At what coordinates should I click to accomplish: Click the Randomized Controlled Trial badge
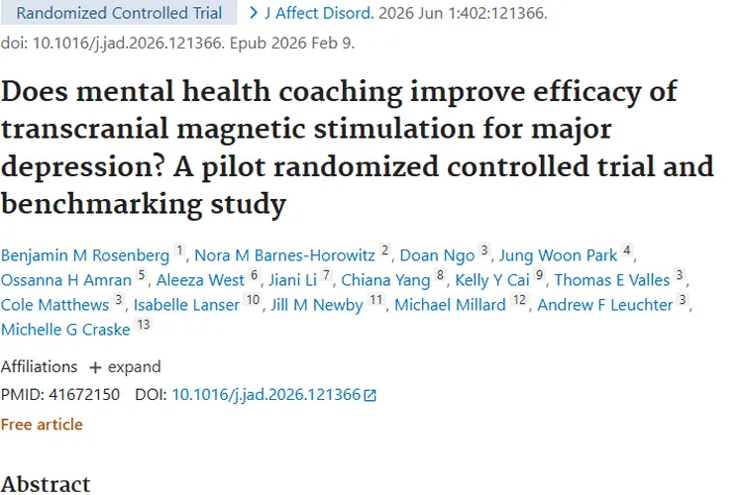119,14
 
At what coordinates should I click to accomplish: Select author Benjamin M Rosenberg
85,255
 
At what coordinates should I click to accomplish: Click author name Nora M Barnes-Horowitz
287,255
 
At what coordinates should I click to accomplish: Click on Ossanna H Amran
65,280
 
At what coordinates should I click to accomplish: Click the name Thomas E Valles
611,280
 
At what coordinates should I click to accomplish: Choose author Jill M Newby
317,305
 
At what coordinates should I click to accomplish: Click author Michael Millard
450,305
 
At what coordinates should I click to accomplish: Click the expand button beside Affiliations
125,366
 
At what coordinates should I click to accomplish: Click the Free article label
42,424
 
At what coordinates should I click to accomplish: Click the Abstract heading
46,483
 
